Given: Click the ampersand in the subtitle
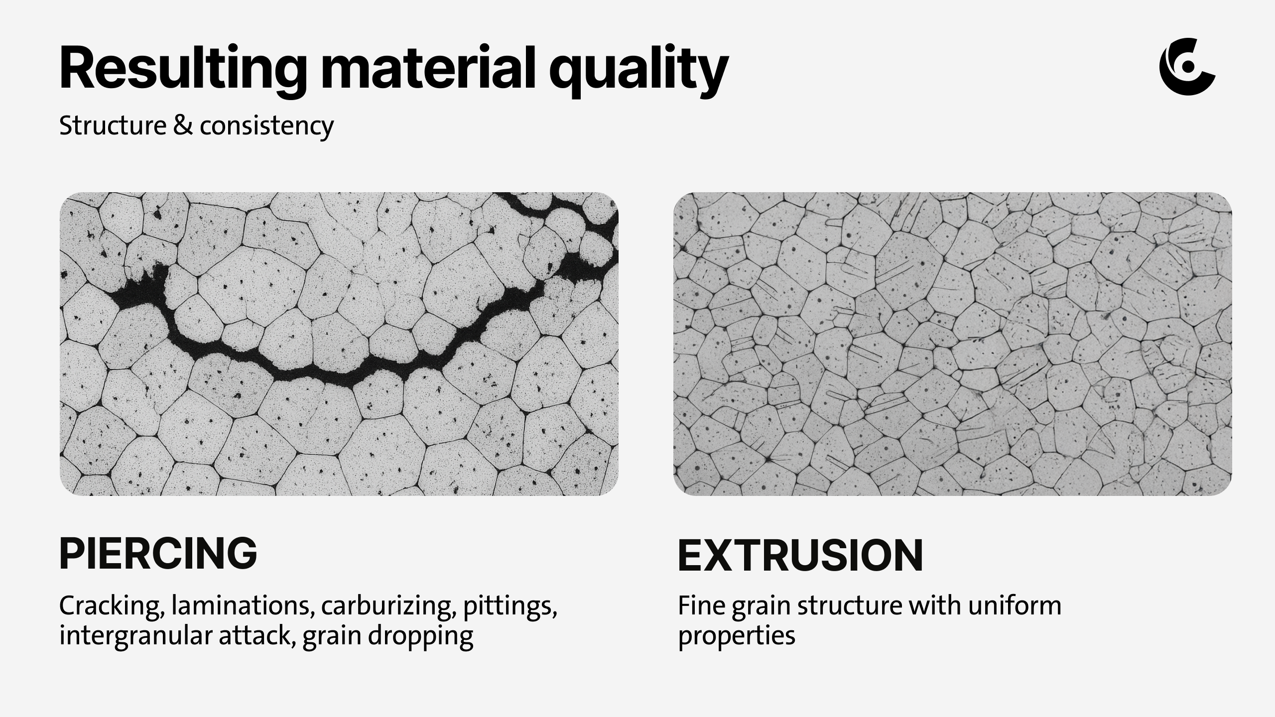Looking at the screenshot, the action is (x=183, y=125).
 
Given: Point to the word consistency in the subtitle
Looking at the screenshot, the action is (x=266, y=127).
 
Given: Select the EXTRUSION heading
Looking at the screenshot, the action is (x=800, y=555).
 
